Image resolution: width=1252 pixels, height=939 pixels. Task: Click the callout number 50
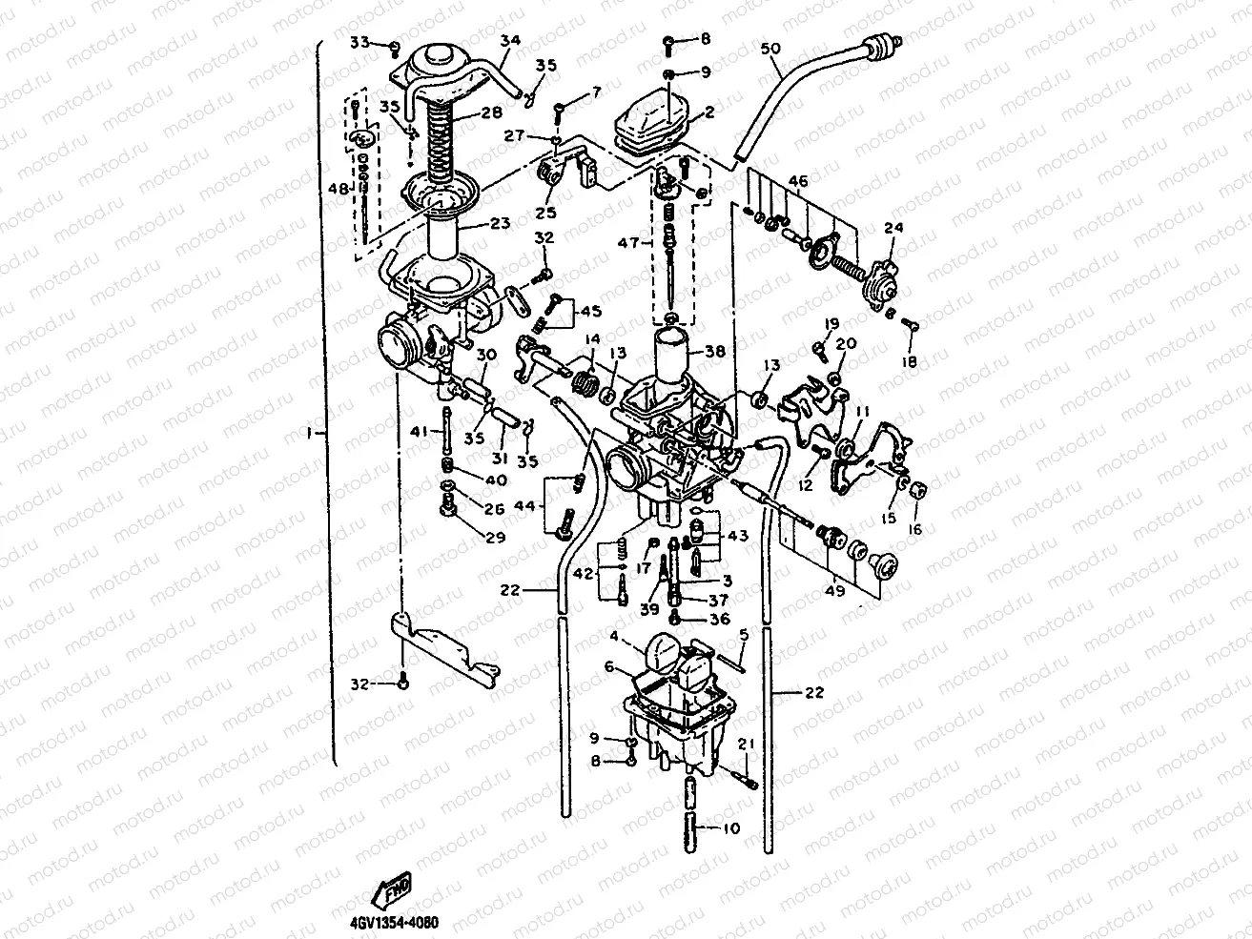pyautogui.click(x=771, y=47)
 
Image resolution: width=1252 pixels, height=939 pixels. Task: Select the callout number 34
pyautogui.click(x=509, y=40)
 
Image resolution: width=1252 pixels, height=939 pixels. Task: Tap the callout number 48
pyautogui.click(x=339, y=188)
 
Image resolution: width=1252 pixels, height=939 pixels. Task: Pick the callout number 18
pyautogui.click(x=909, y=362)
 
